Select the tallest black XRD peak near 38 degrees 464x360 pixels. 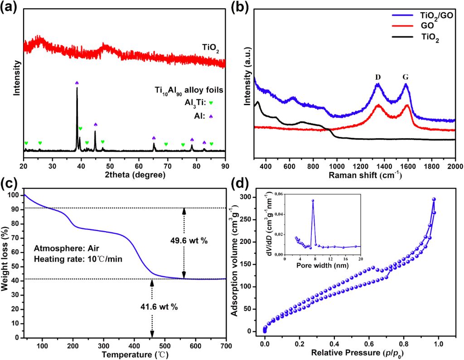point(77,88)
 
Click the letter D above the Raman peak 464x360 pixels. point(378,77)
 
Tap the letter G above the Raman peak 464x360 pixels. point(406,77)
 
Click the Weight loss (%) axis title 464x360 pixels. point(8,265)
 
